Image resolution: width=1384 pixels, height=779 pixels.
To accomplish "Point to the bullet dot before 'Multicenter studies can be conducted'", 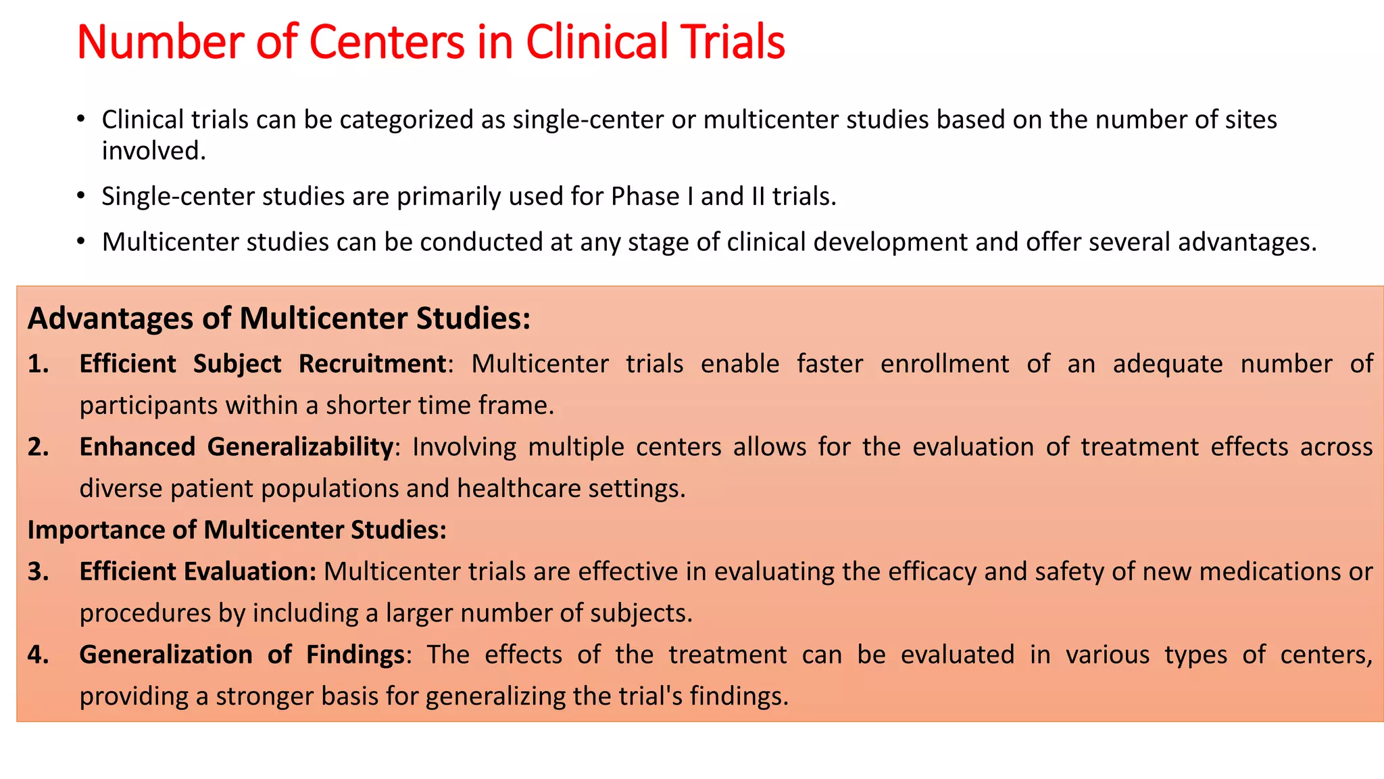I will tap(81, 241).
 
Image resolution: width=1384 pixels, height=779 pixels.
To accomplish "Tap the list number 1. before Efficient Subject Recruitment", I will tap(39, 364).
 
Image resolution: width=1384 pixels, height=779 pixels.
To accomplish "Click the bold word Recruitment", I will tap(372, 364).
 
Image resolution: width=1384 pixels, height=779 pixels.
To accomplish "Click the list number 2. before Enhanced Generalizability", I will tap(39, 447).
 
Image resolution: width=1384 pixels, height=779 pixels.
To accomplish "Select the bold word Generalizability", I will tap(300, 447).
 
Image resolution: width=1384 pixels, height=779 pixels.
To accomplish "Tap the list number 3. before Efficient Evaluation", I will tap(39, 571).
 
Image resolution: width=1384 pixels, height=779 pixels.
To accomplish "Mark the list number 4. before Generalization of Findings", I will tap(39, 655).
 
